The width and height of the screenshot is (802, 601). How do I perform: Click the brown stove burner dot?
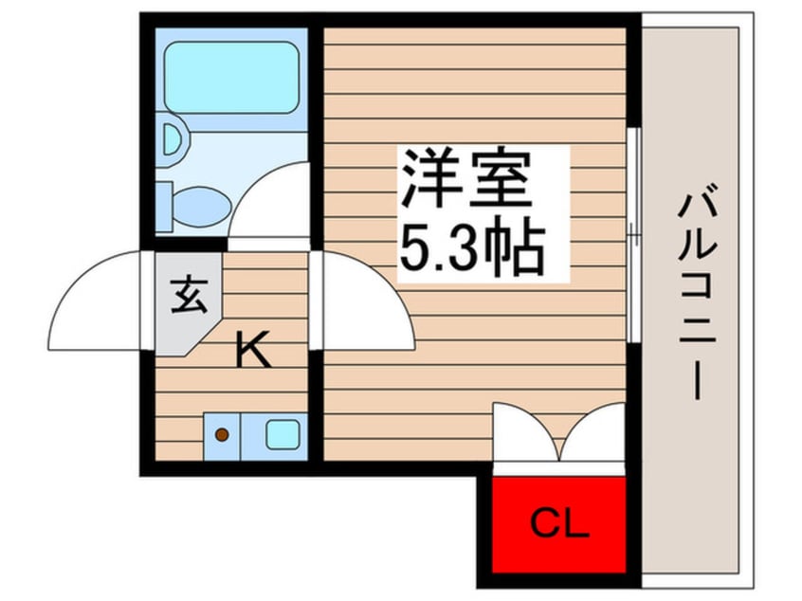pos(222,435)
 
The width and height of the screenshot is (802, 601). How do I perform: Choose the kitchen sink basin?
pos(282,435)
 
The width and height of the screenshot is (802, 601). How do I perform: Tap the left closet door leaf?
pos(524,431)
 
